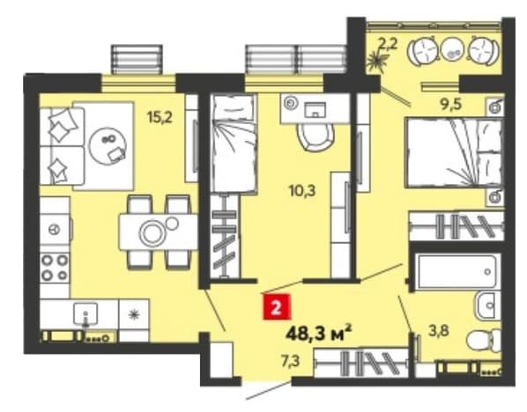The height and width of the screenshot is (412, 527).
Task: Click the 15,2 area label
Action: [160, 117]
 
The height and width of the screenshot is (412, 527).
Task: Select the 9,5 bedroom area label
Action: [451, 105]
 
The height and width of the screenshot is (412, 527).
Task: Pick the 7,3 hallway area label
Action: [291, 361]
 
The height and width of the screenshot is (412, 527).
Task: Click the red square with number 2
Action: [276, 307]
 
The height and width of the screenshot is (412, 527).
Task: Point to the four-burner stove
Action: [55, 268]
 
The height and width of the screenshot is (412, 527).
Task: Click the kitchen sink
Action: [85, 314]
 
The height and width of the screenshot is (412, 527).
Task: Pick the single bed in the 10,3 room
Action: [234, 143]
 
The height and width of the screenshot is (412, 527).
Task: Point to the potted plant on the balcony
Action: [376, 62]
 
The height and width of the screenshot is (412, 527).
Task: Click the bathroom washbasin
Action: [486, 305]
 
